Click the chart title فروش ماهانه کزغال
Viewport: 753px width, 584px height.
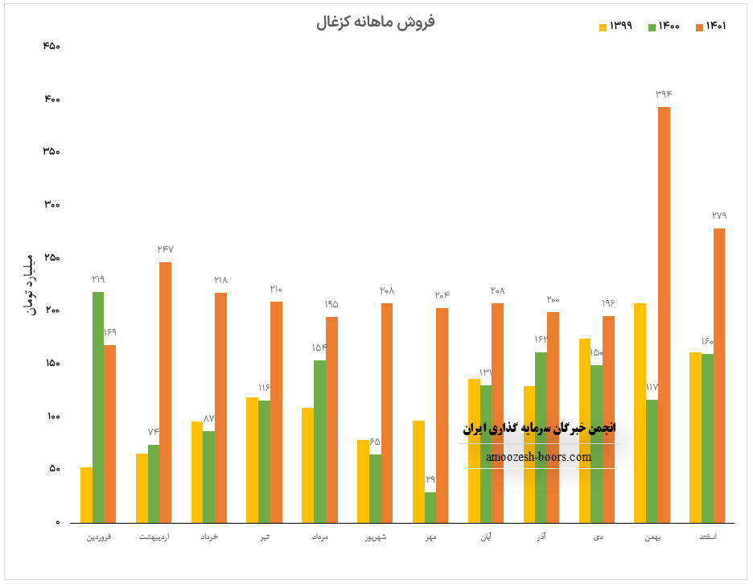pos(376,22)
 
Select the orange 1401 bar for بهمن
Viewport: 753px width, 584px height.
pos(664,314)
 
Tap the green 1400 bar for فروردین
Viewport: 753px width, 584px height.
pos(98,406)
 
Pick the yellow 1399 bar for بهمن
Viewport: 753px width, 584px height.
pos(640,412)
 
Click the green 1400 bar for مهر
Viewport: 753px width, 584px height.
pos(430,507)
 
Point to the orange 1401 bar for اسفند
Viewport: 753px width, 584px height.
pos(719,375)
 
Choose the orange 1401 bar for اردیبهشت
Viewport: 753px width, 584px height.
pos(165,392)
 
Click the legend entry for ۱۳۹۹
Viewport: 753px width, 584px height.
pos(616,27)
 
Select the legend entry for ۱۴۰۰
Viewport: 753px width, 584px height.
pos(665,27)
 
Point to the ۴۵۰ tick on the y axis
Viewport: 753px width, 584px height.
pos(51,46)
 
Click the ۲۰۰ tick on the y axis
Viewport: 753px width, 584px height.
pos(51,311)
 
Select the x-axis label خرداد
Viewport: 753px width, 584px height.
pos(208,537)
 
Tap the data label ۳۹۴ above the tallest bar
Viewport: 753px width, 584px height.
pos(664,94)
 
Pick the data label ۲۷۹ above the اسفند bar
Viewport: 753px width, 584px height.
pos(719,216)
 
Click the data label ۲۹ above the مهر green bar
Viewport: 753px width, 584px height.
pos(430,479)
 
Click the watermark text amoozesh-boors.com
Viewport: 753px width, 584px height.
pos(538,457)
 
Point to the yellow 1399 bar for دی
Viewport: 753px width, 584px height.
pos(584,430)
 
